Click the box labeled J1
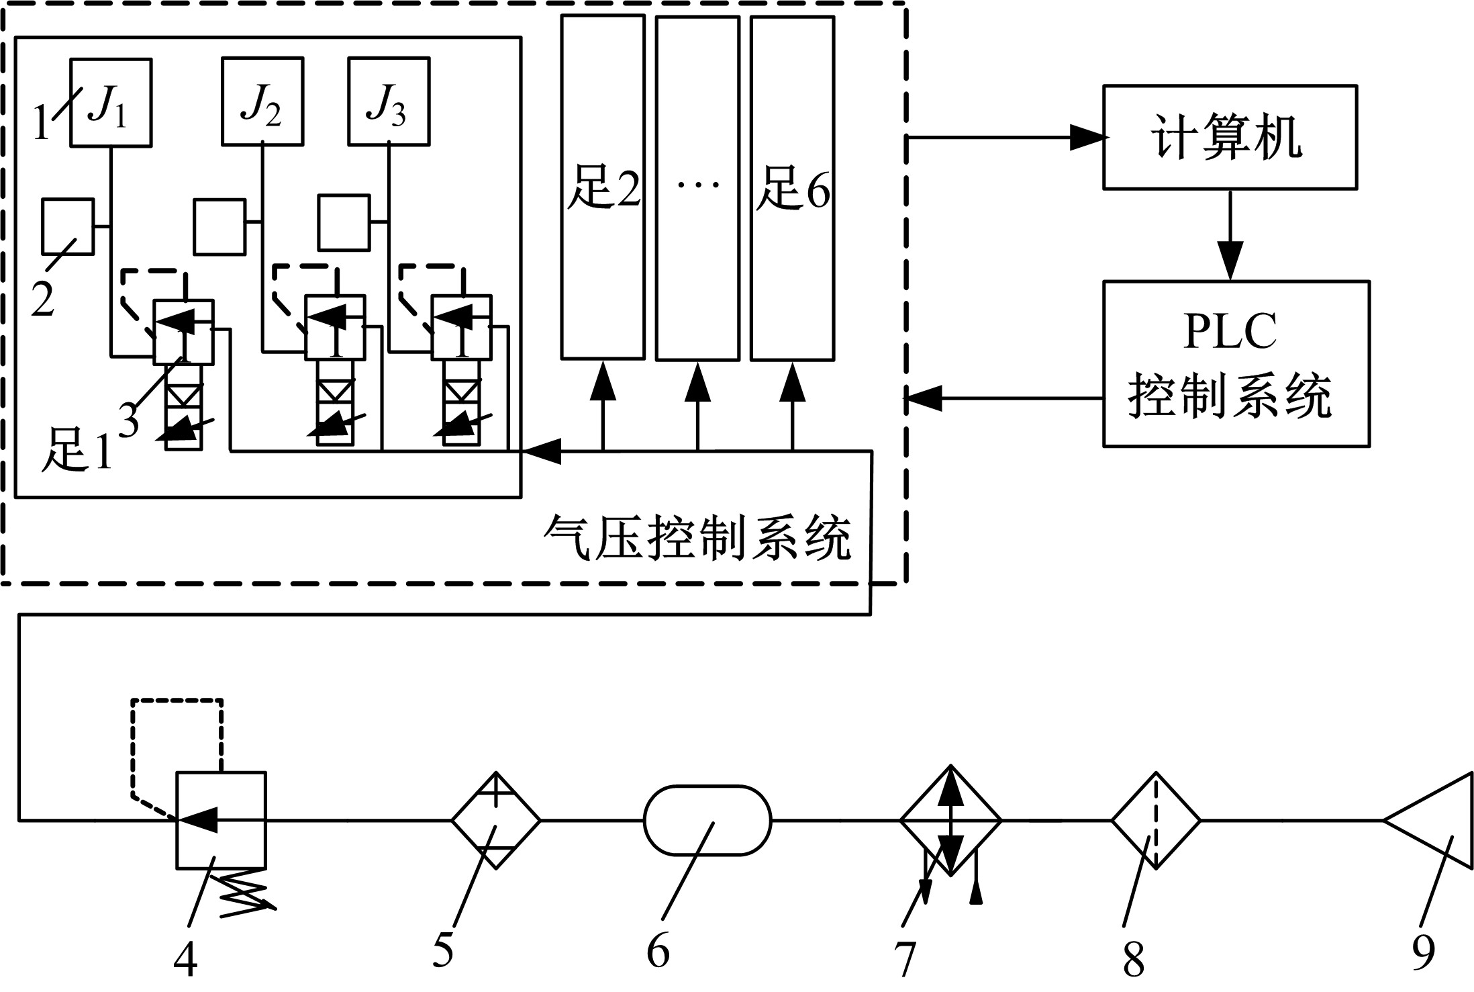click(111, 102)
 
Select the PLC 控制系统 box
click(1236, 363)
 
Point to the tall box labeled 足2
click(603, 187)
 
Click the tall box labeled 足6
click(792, 187)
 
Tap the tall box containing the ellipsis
click(697, 187)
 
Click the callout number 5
click(443, 950)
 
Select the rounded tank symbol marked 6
click(707, 820)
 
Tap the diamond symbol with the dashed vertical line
click(1155, 820)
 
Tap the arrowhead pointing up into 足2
click(603, 379)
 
